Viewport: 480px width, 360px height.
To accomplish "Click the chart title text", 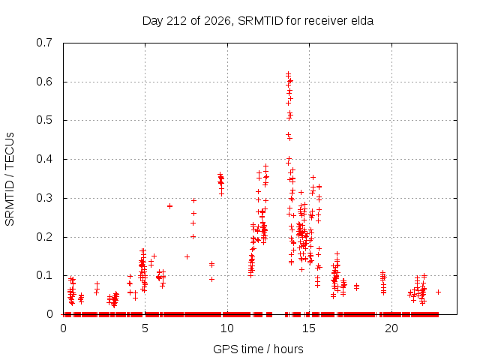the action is (x=258, y=21).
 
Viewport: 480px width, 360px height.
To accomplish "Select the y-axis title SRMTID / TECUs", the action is (x=10, y=179).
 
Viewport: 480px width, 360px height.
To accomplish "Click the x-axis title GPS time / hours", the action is (x=258, y=349).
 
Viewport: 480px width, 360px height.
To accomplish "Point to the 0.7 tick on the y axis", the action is (x=44, y=43).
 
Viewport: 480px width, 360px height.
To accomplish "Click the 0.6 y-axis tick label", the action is (x=44, y=82).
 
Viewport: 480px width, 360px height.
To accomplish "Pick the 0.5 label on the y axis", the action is (x=44, y=120).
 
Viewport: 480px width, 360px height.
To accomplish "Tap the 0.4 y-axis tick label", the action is (x=44, y=159).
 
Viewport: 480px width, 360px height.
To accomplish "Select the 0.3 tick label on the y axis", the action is (x=44, y=198).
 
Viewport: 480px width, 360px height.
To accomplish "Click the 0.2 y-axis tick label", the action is (x=44, y=237).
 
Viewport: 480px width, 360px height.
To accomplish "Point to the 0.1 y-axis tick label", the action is (x=44, y=275).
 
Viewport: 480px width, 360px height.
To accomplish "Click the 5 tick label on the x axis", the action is (x=145, y=328).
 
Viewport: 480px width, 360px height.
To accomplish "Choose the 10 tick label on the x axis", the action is (x=226, y=328).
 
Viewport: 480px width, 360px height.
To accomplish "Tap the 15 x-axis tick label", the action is (x=309, y=328).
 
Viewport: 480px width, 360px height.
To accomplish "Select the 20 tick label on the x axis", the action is (x=391, y=328).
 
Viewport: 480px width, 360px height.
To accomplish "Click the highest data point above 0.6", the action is (x=288, y=73).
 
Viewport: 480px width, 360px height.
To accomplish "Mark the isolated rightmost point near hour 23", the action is (x=438, y=292).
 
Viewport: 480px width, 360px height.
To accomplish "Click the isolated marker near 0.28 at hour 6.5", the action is (x=170, y=206).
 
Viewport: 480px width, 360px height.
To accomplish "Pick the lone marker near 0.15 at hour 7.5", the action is (x=187, y=256).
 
